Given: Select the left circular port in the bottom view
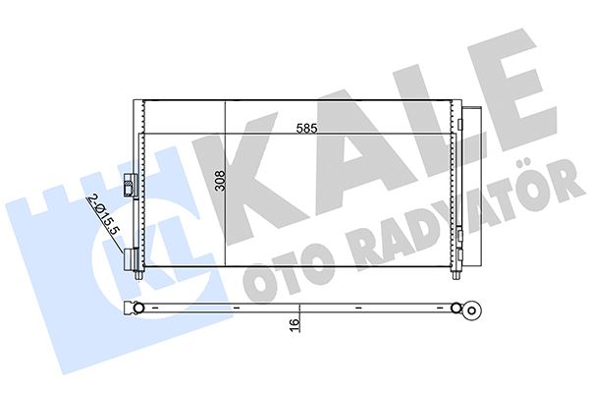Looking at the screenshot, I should coord(138,309).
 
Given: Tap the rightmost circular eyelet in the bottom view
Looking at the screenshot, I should coord(472,311).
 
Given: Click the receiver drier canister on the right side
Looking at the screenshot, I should coord(473,187).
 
